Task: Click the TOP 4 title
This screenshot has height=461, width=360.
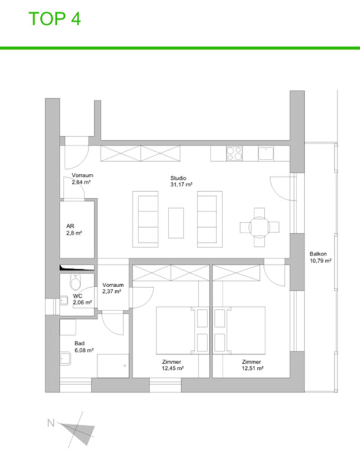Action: tap(55, 19)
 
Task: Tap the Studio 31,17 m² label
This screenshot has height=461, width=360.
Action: tap(181, 182)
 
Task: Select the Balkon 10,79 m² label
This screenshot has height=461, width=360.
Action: tap(320, 257)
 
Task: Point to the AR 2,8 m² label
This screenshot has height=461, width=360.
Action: tap(74, 230)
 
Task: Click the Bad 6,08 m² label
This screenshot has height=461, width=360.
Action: tap(84, 347)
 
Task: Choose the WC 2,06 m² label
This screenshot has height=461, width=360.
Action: tap(82, 299)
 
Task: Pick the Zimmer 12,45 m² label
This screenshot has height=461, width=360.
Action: tap(173, 365)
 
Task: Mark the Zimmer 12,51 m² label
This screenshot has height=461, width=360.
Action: tap(252, 365)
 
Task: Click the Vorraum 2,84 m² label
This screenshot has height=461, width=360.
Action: tap(82, 179)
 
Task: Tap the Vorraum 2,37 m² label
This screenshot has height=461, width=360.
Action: tap(113, 288)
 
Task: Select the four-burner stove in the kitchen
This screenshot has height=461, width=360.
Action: tap(235, 153)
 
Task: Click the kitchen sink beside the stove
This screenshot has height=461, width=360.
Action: tap(266, 153)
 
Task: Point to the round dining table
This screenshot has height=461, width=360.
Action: tap(259, 227)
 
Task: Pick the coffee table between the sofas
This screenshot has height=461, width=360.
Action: tap(176, 223)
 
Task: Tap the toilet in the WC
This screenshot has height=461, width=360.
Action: tap(76, 282)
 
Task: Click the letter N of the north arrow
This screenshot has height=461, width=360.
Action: tap(51, 423)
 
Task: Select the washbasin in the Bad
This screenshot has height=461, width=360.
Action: tap(65, 358)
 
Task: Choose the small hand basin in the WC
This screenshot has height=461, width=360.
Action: tap(64, 300)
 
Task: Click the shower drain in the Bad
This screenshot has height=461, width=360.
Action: tap(125, 366)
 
